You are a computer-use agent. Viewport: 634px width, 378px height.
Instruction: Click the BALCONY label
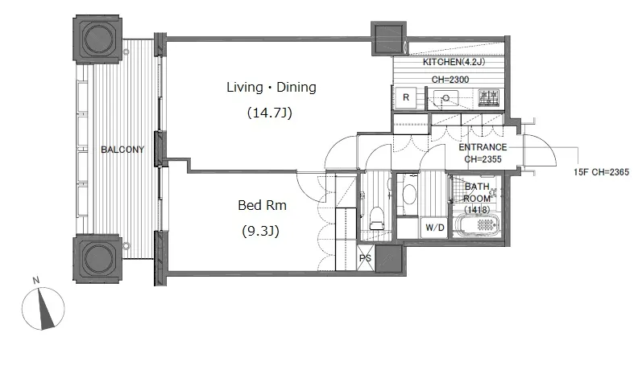tap(122, 150)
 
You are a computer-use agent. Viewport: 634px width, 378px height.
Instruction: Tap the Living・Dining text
tap(271, 87)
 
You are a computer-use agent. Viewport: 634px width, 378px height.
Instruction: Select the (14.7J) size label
tap(269, 113)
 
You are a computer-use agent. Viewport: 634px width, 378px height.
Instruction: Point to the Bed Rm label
tap(262, 205)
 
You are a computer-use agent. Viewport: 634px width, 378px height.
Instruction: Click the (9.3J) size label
tap(261, 232)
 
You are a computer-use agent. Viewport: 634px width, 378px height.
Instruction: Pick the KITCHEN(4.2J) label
tap(454, 62)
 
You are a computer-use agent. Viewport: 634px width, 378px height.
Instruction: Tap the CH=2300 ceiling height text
tap(450, 80)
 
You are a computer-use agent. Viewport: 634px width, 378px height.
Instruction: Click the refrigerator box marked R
tap(406, 97)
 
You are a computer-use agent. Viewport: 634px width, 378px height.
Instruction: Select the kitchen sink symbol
tap(445, 98)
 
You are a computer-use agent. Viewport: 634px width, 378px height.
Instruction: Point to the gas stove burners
tap(488, 98)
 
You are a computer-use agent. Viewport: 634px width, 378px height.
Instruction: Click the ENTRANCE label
tap(483, 147)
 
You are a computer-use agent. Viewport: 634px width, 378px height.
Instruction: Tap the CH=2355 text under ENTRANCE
tap(483, 159)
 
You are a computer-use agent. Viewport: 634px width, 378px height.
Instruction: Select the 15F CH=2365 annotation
tap(601, 172)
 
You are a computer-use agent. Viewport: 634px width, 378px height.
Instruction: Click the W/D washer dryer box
tap(435, 228)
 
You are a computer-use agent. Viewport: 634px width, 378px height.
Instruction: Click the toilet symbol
tap(377, 218)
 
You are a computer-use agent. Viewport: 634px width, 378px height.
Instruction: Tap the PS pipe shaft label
tap(365, 257)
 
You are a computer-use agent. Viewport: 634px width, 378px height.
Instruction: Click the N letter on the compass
tap(36, 280)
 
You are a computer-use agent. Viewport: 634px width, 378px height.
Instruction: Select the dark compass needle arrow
tap(46, 310)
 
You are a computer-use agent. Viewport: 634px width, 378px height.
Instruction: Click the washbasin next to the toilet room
tap(409, 195)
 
